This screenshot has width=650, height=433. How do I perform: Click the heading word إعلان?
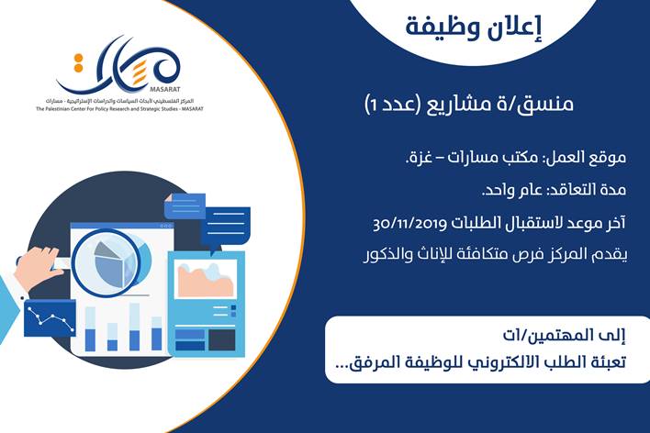click(x=518, y=27)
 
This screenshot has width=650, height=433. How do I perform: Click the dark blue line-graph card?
click(x=50, y=318)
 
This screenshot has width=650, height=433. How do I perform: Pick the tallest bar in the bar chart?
click(x=134, y=327)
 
